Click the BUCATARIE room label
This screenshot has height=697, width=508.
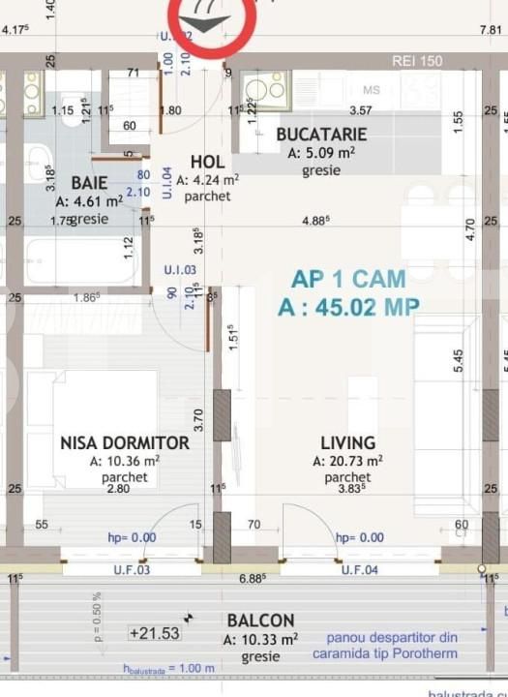321,135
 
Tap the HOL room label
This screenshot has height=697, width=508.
208,162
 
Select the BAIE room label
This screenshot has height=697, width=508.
90,182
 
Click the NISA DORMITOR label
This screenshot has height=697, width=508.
125,442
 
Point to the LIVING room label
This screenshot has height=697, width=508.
348,442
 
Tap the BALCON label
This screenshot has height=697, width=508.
260,621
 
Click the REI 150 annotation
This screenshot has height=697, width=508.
417,61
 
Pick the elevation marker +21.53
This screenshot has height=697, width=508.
155,633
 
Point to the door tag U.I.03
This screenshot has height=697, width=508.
180,270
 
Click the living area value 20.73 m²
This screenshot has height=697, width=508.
348,462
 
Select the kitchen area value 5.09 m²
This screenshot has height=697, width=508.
321,152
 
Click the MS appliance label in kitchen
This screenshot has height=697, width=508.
372,91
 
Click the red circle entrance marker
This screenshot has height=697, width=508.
212,19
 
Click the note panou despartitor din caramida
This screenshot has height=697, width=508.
392,646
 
